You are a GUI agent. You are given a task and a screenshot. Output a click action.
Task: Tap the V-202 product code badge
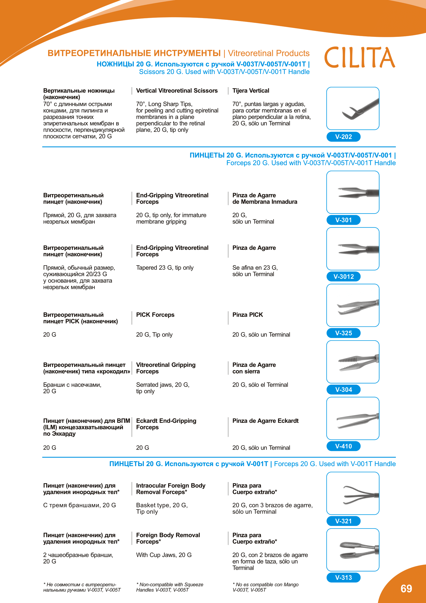[343, 137]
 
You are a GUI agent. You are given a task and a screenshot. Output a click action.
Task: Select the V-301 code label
[343, 220]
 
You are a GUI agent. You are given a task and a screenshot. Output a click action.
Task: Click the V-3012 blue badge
[343, 277]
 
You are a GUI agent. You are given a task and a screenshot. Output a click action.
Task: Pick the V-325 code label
[343, 333]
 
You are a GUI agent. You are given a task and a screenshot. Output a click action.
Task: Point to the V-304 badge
[343, 390]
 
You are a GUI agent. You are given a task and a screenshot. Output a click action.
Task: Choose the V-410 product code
[343, 446]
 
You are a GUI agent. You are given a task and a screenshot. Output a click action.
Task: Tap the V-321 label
[343, 521]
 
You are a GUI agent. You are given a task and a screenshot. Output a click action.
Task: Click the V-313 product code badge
[343, 577]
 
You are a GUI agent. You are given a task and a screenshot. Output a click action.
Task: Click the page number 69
[406, 589]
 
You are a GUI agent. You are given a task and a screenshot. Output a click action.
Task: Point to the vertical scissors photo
[353, 109]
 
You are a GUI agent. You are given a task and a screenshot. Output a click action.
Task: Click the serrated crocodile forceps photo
[353, 362]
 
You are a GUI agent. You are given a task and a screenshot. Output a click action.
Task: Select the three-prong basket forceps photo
[353, 493]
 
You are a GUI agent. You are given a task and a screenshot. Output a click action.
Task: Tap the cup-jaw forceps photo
[353, 550]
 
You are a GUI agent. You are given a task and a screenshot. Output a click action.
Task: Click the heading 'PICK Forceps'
[155, 315]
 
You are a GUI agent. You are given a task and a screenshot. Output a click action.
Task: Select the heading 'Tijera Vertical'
[251, 90]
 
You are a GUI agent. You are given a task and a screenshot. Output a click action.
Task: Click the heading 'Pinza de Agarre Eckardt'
[266, 421]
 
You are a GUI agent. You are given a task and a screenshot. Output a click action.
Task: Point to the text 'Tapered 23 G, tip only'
[165, 268]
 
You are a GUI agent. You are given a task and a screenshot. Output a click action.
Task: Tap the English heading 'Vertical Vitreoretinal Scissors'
[177, 90]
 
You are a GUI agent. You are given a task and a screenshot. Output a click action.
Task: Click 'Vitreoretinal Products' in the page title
[269, 53]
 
